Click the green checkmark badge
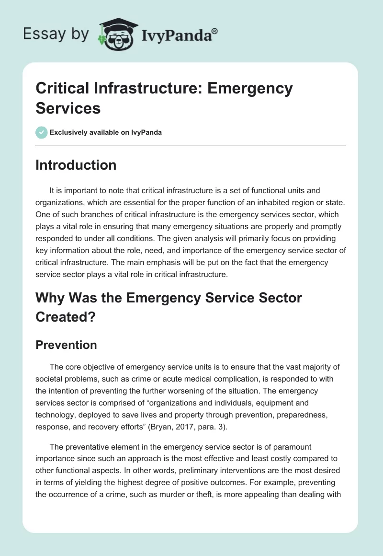[42, 132]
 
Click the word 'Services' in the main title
[68, 108]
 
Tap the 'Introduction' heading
[76, 165]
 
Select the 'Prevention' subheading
[66, 345]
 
